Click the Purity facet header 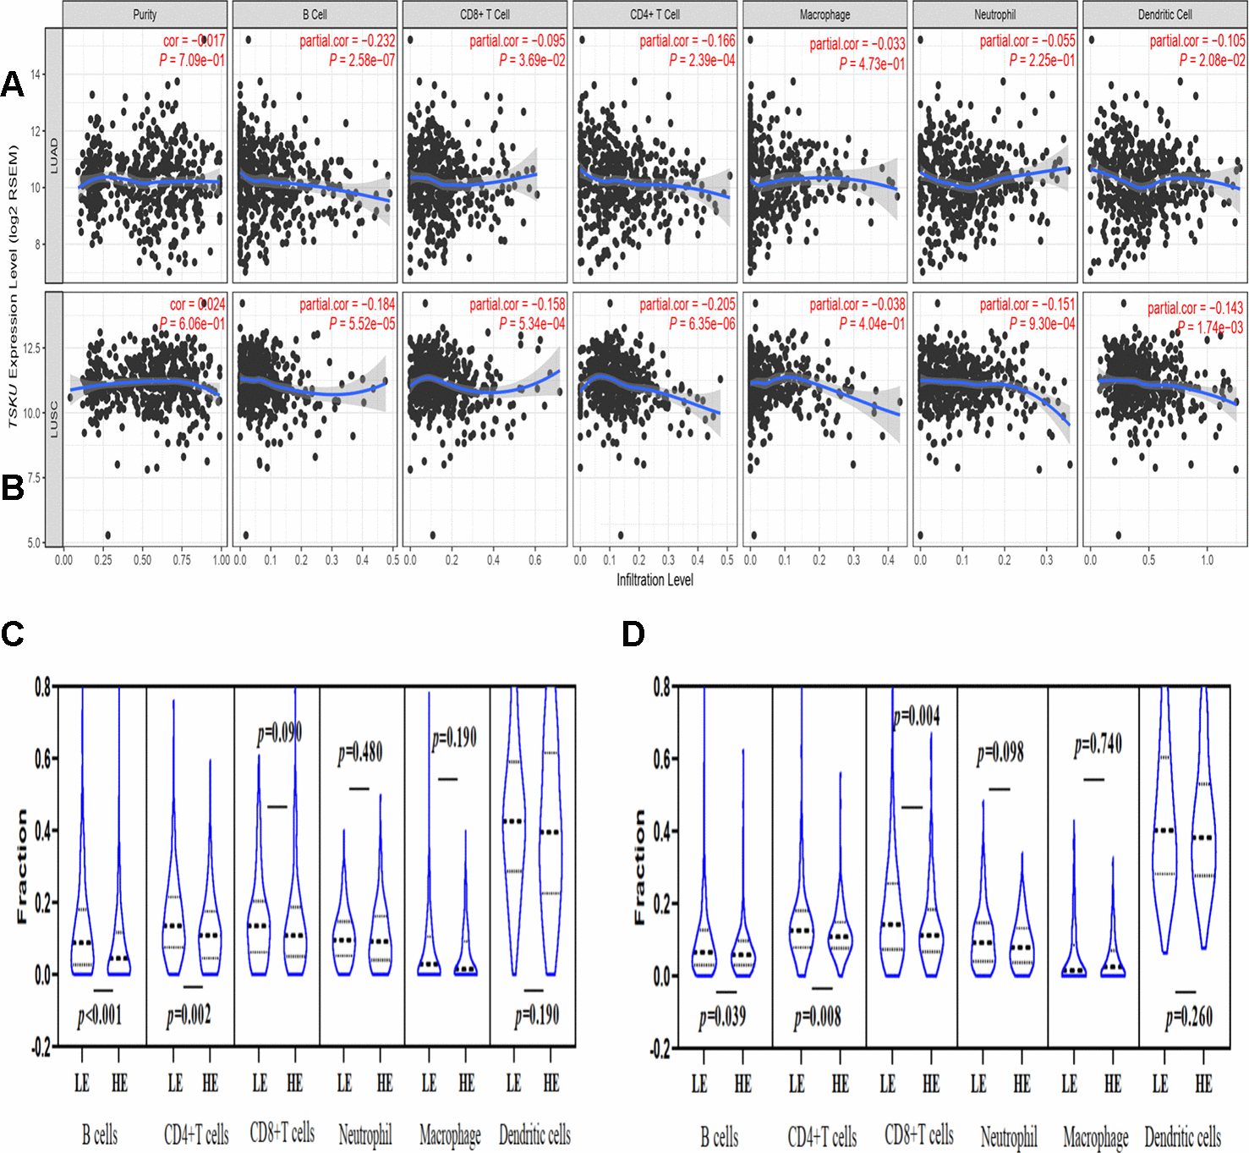click(x=145, y=14)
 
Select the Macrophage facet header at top click(x=824, y=14)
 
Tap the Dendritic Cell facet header click(x=1164, y=14)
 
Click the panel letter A click(x=13, y=84)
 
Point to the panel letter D click(x=633, y=634)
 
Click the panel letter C click(x=13, y=634)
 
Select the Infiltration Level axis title click(x=655, y=579)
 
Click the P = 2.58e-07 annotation click(x=362, y=60)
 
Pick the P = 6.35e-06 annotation click(x=702, y=324)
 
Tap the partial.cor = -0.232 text click(x=347, y=41)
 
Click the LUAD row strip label click(x=53, y=156)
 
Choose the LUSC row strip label click(x=53, y=420)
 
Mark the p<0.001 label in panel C click(x=100, y=1014)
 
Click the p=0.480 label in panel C click(x=360, y=752)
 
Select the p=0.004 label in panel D click(x=917, y=717)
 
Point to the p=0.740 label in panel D click(x=1098, y=744)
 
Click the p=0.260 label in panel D click(x=1189, y=1017)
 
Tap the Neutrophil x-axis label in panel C click(x=364, y=1134)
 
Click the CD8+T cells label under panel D click(x=918, y=1134)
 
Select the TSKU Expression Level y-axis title click(x=13, y=286)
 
